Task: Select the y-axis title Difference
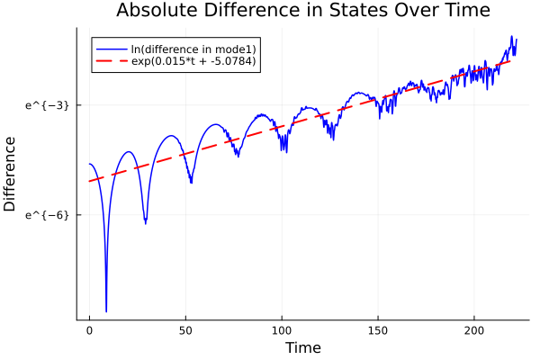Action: (11, 174)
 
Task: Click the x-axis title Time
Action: (302, 347)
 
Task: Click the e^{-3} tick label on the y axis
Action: (47, 105)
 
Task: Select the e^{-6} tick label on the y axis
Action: (47, 215)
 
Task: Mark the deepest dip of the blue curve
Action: (106, 311)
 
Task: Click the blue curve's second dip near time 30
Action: (145, 222)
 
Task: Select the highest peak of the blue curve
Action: (512, 37)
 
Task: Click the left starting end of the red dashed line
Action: (89, 182)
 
